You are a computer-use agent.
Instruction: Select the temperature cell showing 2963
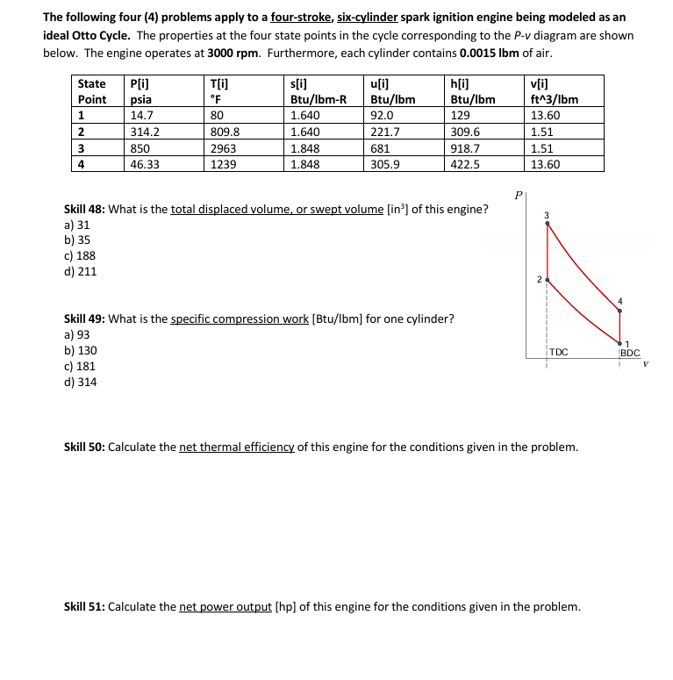point(223,148)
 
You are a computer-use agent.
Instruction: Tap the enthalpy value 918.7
point(464,148)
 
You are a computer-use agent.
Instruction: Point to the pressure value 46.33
point(144,164)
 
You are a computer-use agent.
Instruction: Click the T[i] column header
point(219,83)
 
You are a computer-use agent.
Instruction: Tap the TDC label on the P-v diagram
point(559,353)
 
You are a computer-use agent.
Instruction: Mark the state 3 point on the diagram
point(548,223)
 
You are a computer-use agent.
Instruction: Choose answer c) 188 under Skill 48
point(81,255)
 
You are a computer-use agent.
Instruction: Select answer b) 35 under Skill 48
point(78,240)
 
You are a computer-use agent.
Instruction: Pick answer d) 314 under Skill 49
point(81,382)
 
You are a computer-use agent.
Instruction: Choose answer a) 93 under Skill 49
point(78,334)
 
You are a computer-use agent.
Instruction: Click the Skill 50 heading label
point(85,447)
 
